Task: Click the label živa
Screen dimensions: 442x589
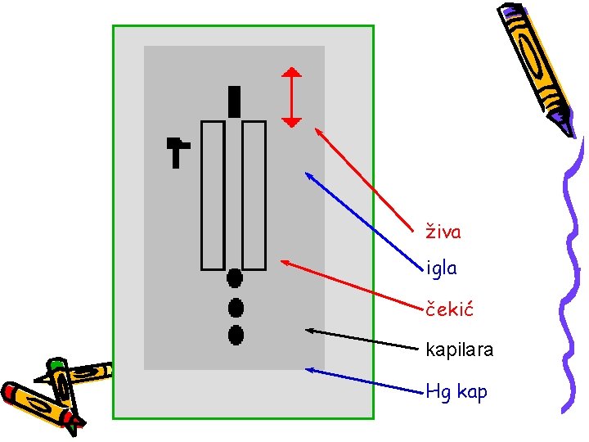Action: [x=443, y=232]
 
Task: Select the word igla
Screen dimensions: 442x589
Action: [x=442, y=268]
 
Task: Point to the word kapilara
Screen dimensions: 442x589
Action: [x=460, y=350]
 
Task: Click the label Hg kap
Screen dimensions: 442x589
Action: [x=456, y=392]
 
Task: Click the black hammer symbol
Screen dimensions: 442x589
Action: [x=176, y=151]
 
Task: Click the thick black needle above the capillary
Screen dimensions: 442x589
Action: [x=235, y=101]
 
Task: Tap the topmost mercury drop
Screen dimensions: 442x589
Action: [x=235, y=278]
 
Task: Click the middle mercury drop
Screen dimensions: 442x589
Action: [x=236, y=308]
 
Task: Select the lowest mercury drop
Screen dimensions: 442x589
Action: [x=236, y=334]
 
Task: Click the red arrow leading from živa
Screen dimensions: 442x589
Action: [x=364, y=176]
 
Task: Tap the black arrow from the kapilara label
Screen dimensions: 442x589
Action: [x=360, y=339]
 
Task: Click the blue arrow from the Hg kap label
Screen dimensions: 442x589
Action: [x=360, y=381]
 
